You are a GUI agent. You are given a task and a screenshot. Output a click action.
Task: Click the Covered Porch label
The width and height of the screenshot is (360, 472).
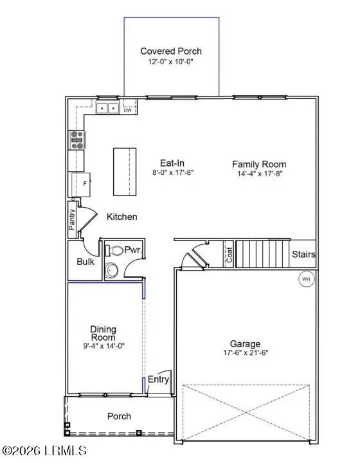point(171,51)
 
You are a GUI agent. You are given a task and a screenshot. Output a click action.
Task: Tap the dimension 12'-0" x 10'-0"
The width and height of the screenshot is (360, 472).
point(171,62)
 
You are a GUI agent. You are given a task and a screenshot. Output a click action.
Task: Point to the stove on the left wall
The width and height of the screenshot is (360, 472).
point(77,140)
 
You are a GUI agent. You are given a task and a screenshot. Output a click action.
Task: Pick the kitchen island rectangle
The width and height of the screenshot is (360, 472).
point(125,171)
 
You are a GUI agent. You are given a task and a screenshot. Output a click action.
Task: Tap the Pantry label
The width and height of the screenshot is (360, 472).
point(73,219)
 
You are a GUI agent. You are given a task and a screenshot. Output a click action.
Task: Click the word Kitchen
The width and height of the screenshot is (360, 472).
point(122,217)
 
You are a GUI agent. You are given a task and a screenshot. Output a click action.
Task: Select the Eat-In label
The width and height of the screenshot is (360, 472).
point(173,163)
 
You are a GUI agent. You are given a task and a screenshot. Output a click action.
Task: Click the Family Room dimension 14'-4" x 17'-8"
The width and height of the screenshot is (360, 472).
point(258,173)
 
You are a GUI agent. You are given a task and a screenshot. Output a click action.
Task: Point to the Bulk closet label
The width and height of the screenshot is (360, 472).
point(85,262)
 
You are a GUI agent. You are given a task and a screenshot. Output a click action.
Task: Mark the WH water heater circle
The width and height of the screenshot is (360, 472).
point(306,279)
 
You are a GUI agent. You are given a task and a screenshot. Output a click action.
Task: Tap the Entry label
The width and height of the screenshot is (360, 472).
point(158,379)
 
